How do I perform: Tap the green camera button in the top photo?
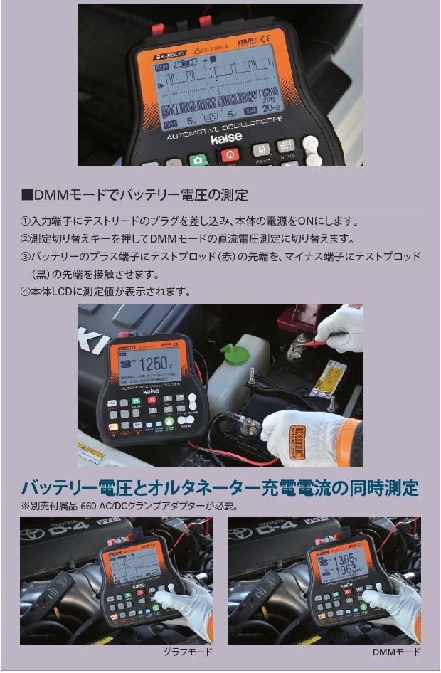pyautogui.click(x=198, y=159)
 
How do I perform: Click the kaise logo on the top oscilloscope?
pyautogui.click(x=226, y=137)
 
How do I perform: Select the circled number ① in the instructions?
pyautogui.click(x=26, y=222)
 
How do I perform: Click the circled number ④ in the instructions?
pyautogui.click(x=26, y=292)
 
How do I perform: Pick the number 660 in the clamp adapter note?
pyautogui.click(x=90, y=507)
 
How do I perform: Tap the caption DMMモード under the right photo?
pyautogui.click(x=395, y=652)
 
